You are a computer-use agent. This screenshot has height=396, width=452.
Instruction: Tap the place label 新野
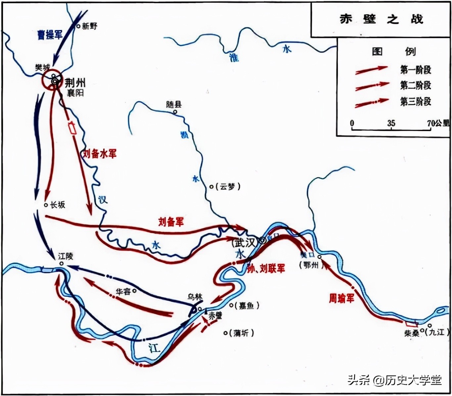tap(90, 26)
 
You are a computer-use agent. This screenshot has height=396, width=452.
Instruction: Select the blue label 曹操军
tap(50, 34)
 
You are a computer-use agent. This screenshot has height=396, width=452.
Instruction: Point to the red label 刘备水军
tap(100, 154)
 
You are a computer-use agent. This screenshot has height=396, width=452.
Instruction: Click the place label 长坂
tap(58, 205)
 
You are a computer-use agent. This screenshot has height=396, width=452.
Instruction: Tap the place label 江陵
tap(66, 256)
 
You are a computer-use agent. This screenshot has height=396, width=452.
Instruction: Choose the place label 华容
tap(123, 292)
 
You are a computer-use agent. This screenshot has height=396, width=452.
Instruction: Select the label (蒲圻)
tap(241, 333)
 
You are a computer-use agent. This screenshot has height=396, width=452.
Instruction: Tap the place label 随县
tap(174, 105)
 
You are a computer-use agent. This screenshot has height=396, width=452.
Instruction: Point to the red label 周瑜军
tap(341, 298)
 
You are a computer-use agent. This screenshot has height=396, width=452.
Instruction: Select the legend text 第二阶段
tap(416, 85)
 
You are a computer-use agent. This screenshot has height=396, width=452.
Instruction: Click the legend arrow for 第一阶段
tap(371, 70)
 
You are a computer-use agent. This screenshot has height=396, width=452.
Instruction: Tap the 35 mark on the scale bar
tap(391, 123)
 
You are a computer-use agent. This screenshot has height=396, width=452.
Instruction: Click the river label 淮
tap(234, 58)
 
